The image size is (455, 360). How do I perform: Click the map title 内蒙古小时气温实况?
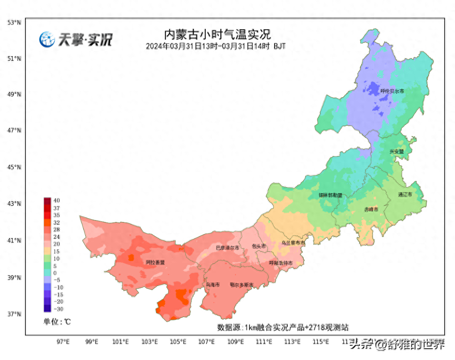pos(217,34)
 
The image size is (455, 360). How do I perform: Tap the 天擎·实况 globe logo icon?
pos(47,40)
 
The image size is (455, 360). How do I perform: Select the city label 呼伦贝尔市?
pos(392,91)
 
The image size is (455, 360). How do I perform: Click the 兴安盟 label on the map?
pos(397,152)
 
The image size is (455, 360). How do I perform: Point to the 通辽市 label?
pos(405,195)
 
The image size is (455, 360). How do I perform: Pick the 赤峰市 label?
pos(371,209)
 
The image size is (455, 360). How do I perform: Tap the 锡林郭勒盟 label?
pos(330,195)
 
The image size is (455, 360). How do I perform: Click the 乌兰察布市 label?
pos(293,243)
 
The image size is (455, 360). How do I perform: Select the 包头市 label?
pos(259,246)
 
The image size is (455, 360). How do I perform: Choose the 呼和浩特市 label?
pos(281,263)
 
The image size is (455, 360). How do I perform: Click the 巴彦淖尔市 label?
pos(227,248)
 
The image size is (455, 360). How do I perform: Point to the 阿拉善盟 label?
pos(155,262)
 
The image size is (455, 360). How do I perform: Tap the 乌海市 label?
pos(212,285)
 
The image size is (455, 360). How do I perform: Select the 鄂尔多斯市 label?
pos(242,285)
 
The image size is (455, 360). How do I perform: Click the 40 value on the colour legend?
pos(57,200)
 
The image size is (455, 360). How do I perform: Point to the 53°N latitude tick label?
pos(14,22)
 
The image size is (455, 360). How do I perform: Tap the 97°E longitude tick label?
pos(63,342)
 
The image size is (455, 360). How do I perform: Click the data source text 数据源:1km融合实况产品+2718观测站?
pos(283,327)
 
